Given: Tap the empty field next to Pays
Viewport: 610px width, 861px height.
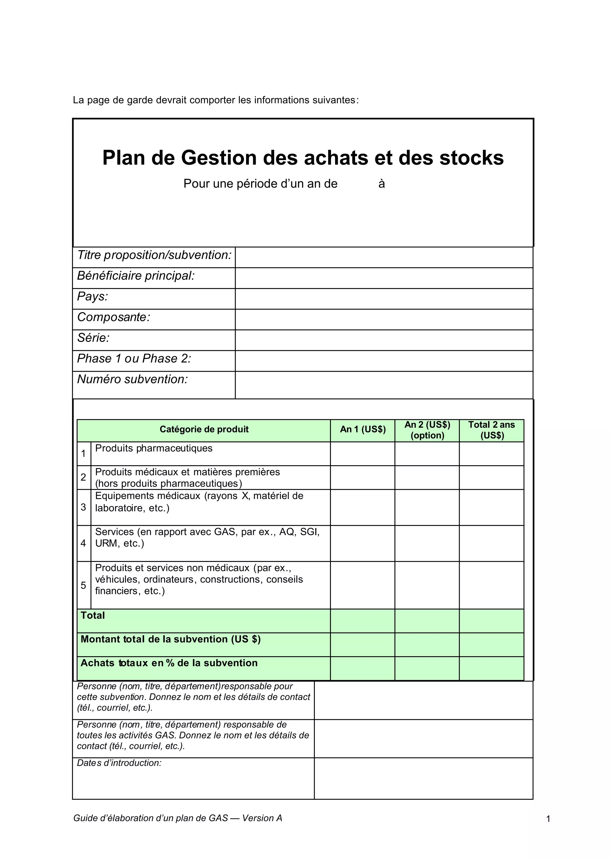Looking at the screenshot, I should [x=384, y=299].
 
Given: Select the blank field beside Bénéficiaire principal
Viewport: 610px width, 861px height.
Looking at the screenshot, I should [x=384, y=278].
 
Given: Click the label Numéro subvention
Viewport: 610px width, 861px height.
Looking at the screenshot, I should [x=132, y=379].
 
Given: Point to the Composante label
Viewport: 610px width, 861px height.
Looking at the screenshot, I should [x=113, y=317].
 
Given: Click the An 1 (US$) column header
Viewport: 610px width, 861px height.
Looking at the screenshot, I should [x=362, y=429].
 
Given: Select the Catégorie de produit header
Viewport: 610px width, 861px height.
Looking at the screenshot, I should [x=204, y=429].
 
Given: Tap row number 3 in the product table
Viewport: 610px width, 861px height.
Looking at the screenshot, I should [x=83, y=507].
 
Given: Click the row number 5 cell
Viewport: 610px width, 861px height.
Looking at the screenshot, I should [x=83, y=585].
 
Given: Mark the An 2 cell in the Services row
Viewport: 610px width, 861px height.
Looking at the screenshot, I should [x=427, y=543].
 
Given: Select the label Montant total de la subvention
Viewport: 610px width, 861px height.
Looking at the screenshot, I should [x=171, y=639].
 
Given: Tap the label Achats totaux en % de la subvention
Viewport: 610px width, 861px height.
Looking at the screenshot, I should [x=169, y=663].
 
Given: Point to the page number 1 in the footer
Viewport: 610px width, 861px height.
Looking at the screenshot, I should [x=548, y=819].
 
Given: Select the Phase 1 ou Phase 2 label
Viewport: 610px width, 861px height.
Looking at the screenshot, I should [x=134, y=359].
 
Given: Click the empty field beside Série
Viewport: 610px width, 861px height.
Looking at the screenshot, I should [x=384, y=340].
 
